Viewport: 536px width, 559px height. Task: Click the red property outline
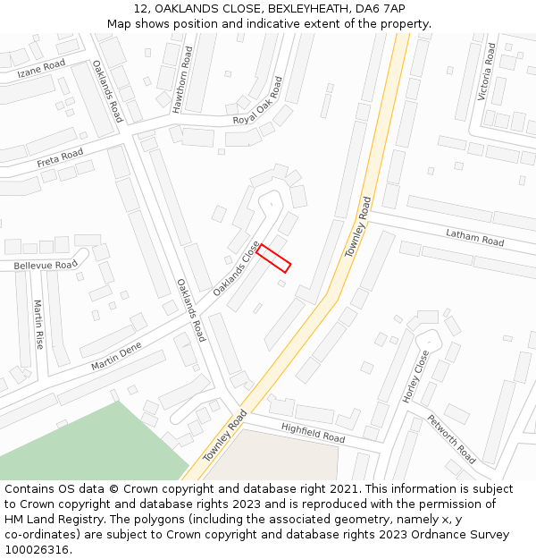tap(274, 258)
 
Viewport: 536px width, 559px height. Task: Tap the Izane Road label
tap(41, 67)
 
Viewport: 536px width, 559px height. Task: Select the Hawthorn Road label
tap(183, 81)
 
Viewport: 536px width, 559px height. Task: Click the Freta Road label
tap(60, 159)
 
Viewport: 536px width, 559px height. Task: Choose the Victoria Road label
tap(487, 72)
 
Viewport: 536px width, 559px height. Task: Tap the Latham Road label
tap(475, 237)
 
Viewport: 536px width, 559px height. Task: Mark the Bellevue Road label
tap(45, 266)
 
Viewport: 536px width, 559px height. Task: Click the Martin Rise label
tap(38, 324)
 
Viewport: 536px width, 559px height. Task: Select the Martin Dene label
tap(116, 356)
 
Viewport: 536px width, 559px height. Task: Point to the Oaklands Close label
tap(236, 268)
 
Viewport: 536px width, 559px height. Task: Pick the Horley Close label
tap(415, 376)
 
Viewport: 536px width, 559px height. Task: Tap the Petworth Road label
tap(450, 438)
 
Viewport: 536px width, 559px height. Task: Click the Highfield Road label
tap(313, 433)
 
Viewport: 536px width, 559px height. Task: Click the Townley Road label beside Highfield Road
tap(224, 436)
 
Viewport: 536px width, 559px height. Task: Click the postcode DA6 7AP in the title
tap(381, 8)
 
